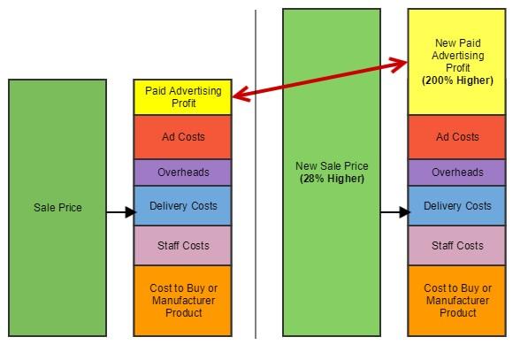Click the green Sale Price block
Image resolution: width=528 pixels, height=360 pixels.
click(x=57, y=208)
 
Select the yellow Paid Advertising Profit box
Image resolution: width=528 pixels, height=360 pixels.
click(x=182, y=97)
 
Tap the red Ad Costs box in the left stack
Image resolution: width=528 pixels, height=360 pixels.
click(x=182, y=137)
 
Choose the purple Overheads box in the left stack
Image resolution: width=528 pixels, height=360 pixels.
click(x=182, y=172)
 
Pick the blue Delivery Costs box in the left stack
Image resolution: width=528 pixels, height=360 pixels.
click(x=182, y=206)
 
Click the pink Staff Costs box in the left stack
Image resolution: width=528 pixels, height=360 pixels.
click(x=182, y=245)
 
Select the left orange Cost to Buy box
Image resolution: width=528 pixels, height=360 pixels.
click(x=182, y=301)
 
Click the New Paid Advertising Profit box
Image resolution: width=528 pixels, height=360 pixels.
click(x=456, y=62)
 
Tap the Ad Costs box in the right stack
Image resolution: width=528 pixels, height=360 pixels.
click(x=456, y=137)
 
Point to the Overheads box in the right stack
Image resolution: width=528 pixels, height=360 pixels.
click(x=456, y=172)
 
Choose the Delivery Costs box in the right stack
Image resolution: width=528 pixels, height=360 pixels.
click(x=456, y=206)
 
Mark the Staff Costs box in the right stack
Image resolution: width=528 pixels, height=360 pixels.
click(x=456, y=245)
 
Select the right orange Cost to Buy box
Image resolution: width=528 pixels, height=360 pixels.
click(x=456, y=301)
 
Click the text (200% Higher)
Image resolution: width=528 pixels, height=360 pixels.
click(x=457, y=80)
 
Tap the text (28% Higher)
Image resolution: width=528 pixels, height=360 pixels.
click(x=332, y=179)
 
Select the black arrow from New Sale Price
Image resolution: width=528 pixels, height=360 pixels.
click(x=394, y=213)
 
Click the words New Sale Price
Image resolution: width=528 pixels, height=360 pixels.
click(x=332, y=166)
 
